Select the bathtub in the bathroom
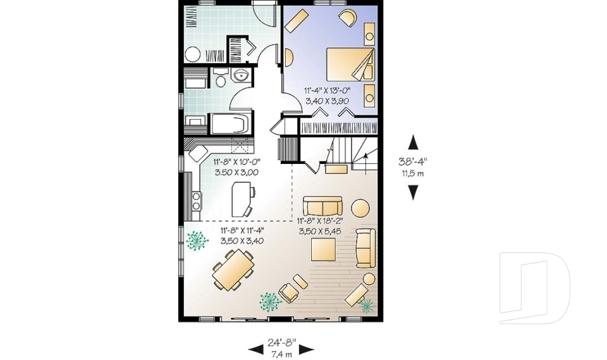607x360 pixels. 230,123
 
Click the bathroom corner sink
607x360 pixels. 241,75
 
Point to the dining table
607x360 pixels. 233,270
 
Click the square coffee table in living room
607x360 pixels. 323,250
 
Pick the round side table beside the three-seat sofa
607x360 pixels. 360,208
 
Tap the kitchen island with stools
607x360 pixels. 242,199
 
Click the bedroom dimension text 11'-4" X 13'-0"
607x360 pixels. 327,91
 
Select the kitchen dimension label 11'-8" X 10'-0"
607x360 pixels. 237,162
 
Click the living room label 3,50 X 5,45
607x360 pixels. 320,232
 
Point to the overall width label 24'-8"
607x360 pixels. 281,342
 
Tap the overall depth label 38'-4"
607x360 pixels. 413,161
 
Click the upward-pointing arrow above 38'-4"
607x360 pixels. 413,142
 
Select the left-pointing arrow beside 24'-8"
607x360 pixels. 256,350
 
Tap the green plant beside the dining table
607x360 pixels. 197,240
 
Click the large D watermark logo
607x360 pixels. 535,288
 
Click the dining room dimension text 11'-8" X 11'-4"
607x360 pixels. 242,230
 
